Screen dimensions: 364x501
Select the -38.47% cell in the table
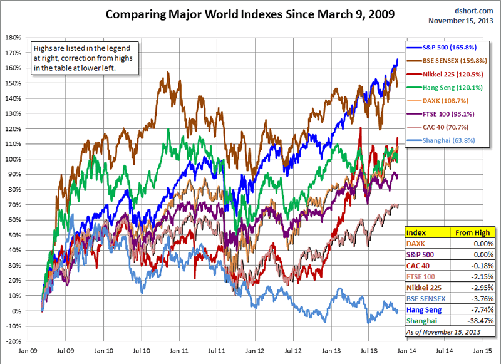(480, 320)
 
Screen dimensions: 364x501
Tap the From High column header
(473, 232)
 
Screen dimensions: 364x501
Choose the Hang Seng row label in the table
(425, 309)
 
